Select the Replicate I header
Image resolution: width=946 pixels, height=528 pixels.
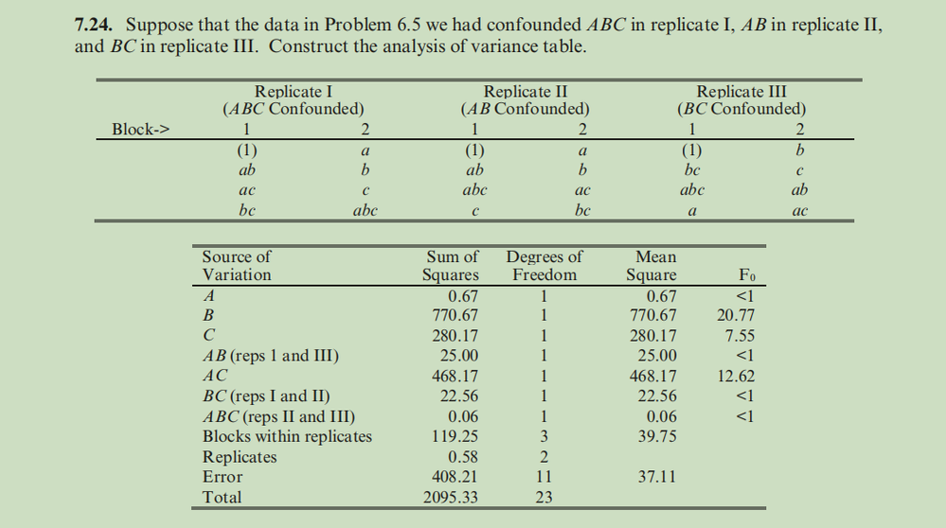tap(294, 93)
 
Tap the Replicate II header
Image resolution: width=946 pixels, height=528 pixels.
tap(526, 93)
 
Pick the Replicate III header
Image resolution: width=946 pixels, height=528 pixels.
tap(741, 93)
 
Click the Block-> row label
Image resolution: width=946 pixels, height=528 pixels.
tap(140, 130)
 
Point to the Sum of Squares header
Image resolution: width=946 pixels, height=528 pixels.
tap(451, 266)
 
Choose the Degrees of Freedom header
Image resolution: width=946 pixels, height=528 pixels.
tap(544, 266)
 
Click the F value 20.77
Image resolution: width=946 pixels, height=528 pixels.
tap(735, 315)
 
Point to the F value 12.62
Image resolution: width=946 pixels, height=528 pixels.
tap(735, 376)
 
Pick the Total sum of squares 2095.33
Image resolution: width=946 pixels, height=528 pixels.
tap(451, 497)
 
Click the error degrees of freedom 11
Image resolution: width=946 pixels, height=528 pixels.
tap(544, 477)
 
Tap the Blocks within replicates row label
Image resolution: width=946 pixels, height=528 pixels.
tap(287, 436)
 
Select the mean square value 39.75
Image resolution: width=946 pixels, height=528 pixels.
tap(654, 436)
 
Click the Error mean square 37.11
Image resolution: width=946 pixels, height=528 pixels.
tap(654, 477)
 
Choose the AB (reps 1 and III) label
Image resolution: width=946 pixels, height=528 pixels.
tap(271, 356)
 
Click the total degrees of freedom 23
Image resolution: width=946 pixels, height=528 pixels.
tap(544, 497)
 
